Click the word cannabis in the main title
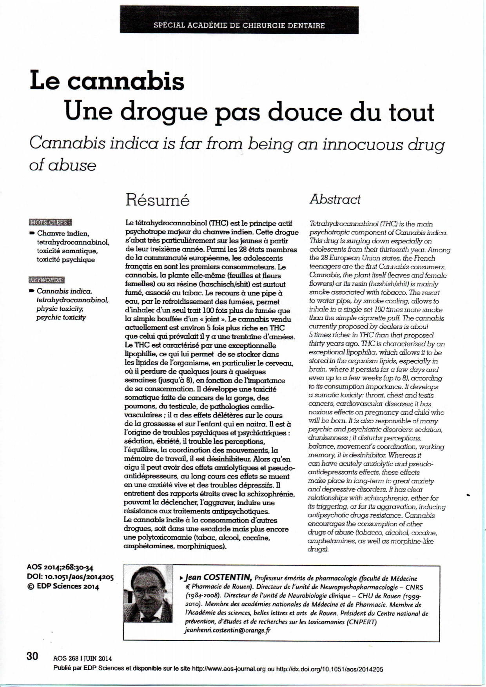(125, 81)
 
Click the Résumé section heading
(157, 200)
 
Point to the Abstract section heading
(335, 199)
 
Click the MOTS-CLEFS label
(50, 222)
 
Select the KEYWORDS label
(46, 280)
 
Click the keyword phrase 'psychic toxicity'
(61, 317)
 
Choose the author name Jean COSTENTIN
(218, 577)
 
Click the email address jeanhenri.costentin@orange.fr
(227, 630)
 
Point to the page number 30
(32, 656)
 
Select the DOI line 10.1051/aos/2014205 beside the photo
(70, 577)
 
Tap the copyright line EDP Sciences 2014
(63, 587)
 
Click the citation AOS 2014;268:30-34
(60, 567)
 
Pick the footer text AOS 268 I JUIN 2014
(82, 658)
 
